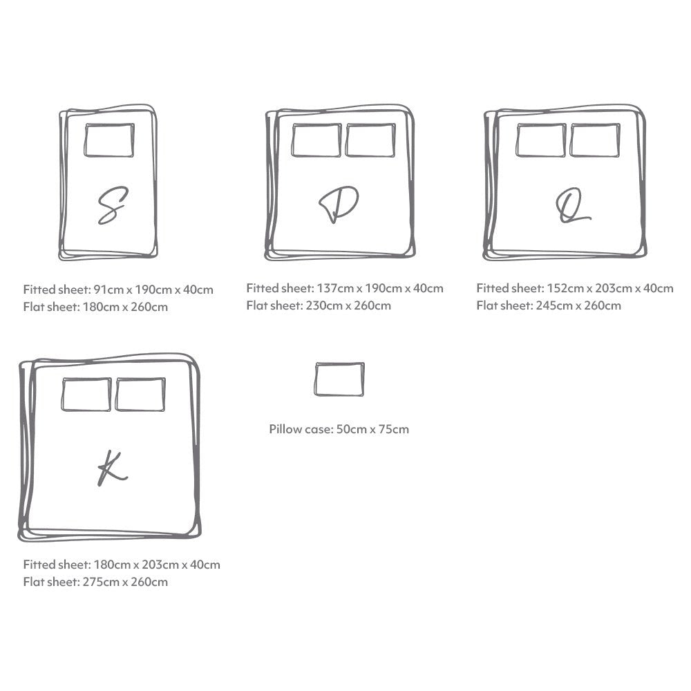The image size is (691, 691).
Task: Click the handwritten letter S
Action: [111, 205]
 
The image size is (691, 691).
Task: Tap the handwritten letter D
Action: [338, 205]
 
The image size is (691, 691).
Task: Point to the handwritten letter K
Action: [111, 468]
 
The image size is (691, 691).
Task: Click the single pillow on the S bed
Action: [109, 140]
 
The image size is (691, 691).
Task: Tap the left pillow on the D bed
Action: [316, 140]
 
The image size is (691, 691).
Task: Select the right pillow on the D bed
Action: [370, 140]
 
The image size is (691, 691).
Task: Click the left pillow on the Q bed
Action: [540, 140]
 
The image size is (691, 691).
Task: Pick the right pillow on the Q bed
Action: [595, 140]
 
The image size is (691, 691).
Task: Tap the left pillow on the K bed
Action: [86, 395]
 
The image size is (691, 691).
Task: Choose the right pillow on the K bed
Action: [140, 395]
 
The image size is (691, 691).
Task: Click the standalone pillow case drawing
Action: [339, 379]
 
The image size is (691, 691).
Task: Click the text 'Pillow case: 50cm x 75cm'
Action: [339, 429]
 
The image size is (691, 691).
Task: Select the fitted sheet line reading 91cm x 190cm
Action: [118, 290]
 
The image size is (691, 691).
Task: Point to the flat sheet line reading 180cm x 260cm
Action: [95, 307]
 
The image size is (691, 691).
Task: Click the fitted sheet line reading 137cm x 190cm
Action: [345, 288]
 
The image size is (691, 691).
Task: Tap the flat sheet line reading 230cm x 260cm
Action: [319, 305]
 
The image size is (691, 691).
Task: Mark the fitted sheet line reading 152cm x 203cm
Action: [574, 288]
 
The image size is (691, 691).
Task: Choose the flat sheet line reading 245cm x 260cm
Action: [549, 305]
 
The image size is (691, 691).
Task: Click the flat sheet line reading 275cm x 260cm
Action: [95, 582]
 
